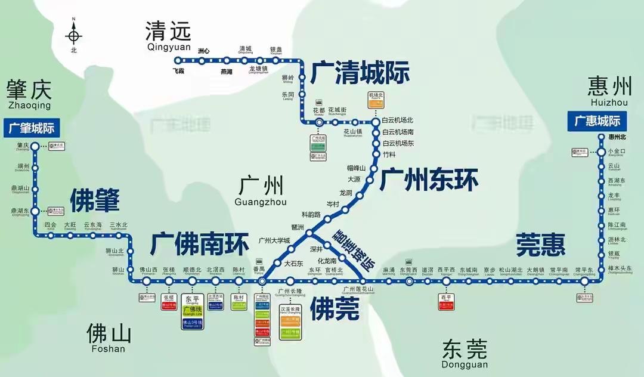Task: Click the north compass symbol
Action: [x=74, y=36]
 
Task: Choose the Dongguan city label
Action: [x=465, y=353]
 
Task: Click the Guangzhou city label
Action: [x=261, y=191]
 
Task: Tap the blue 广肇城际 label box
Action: [x=32, y=128]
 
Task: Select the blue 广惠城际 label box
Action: [x=597, y=121]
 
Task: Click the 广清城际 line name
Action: [x=360, y=73]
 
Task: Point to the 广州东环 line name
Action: [x=429, y=179]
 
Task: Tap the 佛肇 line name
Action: [x=95, y=200]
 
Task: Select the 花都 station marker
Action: [x=320, y=122]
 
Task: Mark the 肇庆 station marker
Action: [x=35, y=146]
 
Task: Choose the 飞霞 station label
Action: [x=178, y=71]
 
